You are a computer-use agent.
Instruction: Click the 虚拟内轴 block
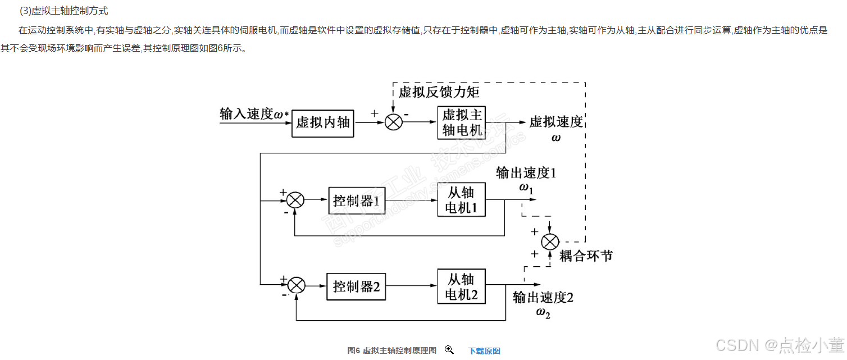point(323,124)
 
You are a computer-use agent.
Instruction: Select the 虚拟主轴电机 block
point(462,122)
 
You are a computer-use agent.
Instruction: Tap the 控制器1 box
point(357,200)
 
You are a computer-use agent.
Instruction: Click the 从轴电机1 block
point(461,200)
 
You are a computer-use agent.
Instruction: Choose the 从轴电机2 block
point(461,286)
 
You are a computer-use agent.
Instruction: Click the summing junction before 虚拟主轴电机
point(394,122)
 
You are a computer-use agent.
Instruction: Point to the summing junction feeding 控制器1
point(295,200)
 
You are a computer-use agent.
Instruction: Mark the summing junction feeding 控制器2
point(296,286)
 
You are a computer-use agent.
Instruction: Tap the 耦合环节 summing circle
point(550,241)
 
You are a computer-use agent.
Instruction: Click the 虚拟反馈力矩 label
point(439,92)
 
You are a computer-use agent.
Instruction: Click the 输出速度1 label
point(526,172)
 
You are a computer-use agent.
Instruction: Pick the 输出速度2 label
point(543,298)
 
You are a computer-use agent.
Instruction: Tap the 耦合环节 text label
point(586,256)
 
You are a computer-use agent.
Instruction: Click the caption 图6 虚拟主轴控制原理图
point(391,351)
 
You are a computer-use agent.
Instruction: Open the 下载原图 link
point(484,351)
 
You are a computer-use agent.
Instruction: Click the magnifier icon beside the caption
point(449,350)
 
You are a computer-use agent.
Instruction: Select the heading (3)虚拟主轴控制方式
point(63,11)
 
